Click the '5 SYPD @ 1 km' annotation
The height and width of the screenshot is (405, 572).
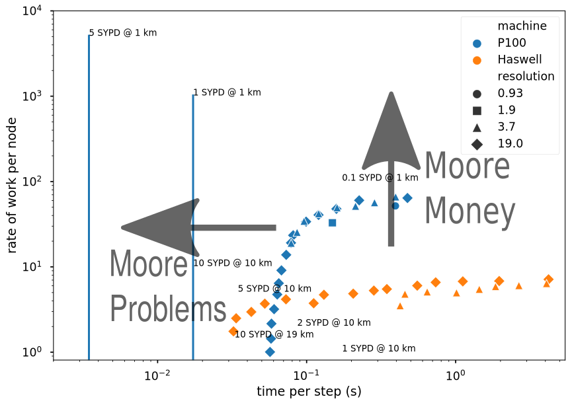(x=123, y=32)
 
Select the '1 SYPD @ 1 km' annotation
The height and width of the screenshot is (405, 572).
(x=227, y=92)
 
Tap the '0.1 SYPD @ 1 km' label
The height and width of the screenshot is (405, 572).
(x=380, y=178)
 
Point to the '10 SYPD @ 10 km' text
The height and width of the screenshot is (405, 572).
(x=232, y=263)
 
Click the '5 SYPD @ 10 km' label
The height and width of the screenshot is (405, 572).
(x=274, y=289)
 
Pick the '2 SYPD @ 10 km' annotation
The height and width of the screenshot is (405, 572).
(x=333, y=322)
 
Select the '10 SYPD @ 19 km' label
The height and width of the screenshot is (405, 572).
(x=274, y=334)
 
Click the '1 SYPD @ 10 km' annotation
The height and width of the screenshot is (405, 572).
(x=378, y=348)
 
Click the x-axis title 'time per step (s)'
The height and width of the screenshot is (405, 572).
(x=309, y=391)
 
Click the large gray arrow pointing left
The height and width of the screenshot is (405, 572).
(x=198, y=227)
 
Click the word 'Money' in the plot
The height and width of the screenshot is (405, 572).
(x=470, y=213)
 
